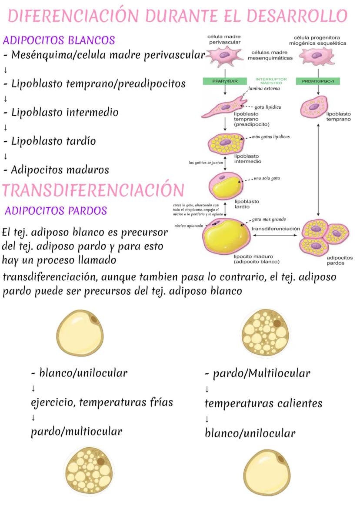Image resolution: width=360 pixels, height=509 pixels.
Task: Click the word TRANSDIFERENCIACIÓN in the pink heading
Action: click(x=93, y=191)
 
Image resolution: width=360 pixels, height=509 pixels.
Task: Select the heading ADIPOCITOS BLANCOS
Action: click(x=59, y=40)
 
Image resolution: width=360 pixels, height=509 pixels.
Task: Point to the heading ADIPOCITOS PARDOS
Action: click(x=56, y=211)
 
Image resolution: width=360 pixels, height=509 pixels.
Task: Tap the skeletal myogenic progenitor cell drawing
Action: click(x=318, y=56)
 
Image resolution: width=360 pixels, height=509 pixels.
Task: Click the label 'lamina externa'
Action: click(x=264, y=89)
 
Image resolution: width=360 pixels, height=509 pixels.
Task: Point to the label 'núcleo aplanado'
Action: click(x=189, y=226)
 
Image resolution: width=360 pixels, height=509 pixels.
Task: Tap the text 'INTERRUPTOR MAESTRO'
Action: click(x=271, y=81)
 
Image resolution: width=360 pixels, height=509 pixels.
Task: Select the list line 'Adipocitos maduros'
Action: click(x=60, y=170)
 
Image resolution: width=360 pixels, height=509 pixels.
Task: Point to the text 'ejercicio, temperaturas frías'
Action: click(x=102, y=402)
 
